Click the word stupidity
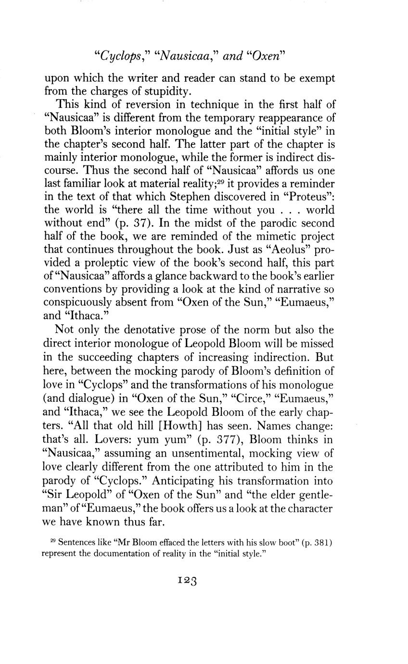pyautogui.click(x=158, y=91)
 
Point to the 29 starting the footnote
pyautogui.click(x=53, y=542)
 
